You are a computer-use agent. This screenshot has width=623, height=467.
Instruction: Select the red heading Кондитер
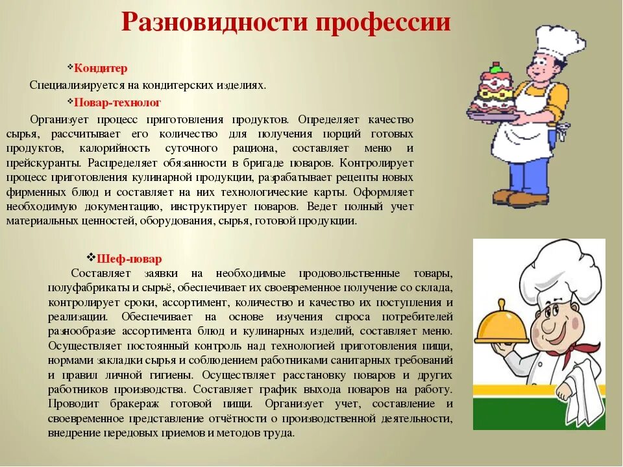click(x=101, y=68)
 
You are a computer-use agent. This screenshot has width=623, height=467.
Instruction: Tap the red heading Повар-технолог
click(x=117, y=102)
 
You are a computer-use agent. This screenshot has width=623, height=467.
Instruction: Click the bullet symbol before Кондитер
click(x=70, y=67)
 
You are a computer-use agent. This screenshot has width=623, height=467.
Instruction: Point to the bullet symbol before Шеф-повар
click(x=92, y=257)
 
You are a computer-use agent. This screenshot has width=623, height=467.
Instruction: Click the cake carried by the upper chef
click(x=491, y=91)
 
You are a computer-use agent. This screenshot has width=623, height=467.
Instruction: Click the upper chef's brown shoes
click(x=519, y=197)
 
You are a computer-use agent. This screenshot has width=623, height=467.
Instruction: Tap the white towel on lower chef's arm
click(x=581, y=389)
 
